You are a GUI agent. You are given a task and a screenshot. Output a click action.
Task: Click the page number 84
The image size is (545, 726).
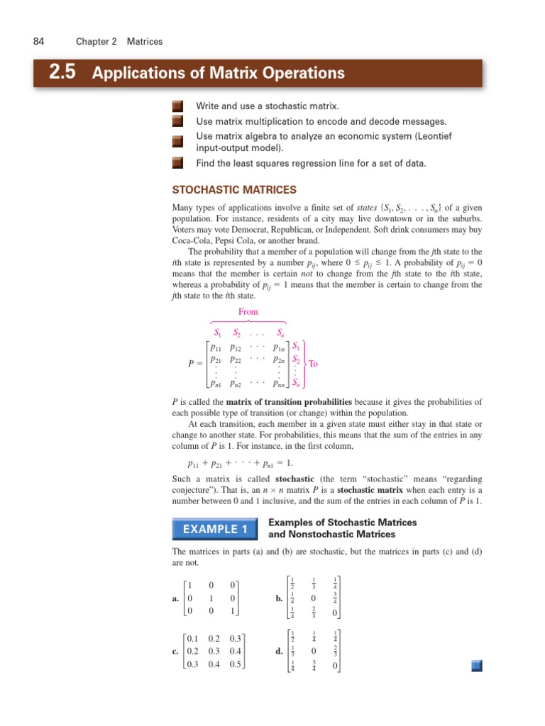coord(39,42)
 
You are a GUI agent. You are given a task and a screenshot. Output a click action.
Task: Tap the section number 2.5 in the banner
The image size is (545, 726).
coord(64,73)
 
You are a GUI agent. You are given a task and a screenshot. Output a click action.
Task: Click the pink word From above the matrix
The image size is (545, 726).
coord(248,312)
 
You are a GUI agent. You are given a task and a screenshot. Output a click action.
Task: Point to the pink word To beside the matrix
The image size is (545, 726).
coord(314,364)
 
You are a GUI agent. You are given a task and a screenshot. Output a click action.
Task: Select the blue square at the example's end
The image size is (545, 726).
coord(476,664)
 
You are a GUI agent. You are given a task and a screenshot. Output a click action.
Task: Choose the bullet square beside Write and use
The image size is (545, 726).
coord(177,106)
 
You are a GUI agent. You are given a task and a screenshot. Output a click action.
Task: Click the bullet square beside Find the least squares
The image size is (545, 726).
coord(177,163)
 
